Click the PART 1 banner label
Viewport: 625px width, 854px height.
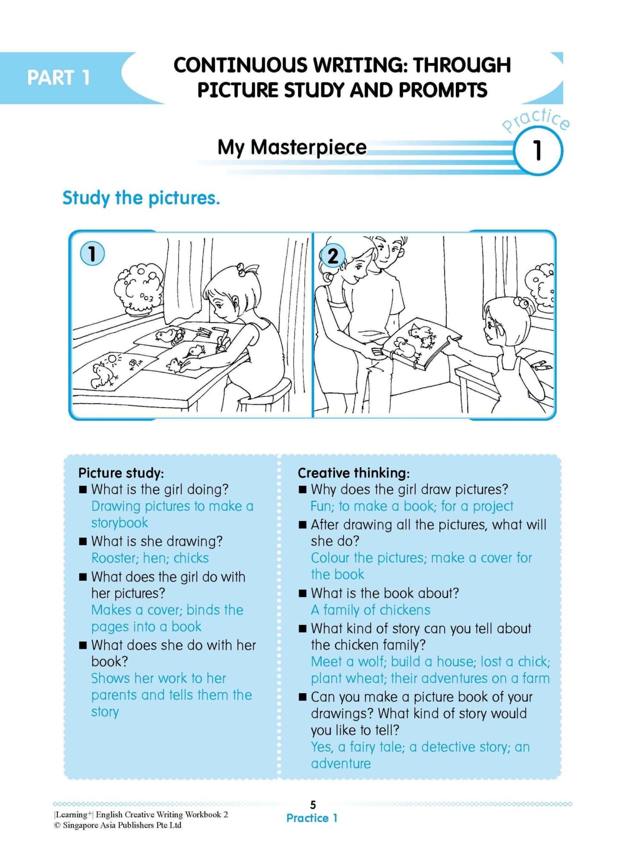pyautogui.click(x=58, y=78)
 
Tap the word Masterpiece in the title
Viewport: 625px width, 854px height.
pyautogui.click(x=308, y=147)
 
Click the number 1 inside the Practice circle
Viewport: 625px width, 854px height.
pyautogui.click(x=537, y=151)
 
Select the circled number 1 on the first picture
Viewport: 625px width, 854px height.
pyautogui.click(x=92, y=254)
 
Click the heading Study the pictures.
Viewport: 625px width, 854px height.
pyautogui.click(x=141, y=198)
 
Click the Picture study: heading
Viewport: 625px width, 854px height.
pyautogui.click(x=121, y=473)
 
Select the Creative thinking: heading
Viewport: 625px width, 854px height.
pyautogui.click(x=353, y=473)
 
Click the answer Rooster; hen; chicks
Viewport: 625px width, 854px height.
pyautogui.click(x=150, y=558)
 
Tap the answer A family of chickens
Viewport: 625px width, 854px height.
pyautogui.click(x=370, y=610)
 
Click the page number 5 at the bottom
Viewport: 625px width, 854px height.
pyautogui.click(x=313, y=805)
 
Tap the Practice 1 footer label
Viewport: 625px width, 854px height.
pyautogui.click(x=312, y=818)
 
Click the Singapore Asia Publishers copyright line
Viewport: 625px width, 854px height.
pyautogui.click(x=118, y=825)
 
